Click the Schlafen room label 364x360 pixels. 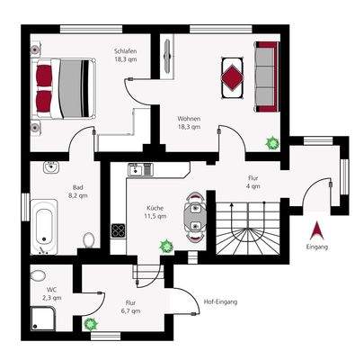tap(125, 56)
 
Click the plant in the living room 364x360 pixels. tap(270, 142)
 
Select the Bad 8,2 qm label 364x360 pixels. tap(78, 193)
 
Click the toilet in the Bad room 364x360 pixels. tap(89, 240)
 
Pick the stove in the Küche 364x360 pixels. tap(118, 230)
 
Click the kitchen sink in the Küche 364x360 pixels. tap(138, 169)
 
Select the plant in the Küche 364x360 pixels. tap(165, 244)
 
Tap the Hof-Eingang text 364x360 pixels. tap(220, 301)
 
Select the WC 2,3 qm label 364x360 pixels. tap(51, 292)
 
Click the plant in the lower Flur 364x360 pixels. tap(90, 323)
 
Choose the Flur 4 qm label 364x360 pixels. tap(253, 183)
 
